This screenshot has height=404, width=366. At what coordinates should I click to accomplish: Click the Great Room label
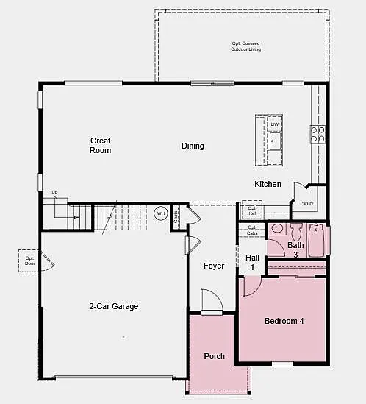pos(101,145)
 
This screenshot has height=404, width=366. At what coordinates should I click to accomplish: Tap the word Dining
pos(193,146)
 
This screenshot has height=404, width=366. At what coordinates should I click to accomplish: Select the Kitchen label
pos(268,184)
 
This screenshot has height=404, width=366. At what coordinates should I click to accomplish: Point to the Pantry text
pos(306,203)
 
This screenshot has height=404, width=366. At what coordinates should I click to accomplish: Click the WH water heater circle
pos(161,213)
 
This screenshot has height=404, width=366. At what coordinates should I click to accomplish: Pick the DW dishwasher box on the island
pos(275,124)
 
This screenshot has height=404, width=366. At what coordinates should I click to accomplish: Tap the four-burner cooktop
pos(317,134)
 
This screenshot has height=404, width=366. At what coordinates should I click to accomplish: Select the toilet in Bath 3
pos(297,228)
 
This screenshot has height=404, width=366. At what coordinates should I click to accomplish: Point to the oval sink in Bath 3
pos(278,228)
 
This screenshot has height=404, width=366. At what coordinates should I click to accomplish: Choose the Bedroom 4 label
pos(284,321)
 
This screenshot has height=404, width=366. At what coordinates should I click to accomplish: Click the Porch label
pos(214,356)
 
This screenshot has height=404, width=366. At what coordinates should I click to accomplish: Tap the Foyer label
pos(214,266)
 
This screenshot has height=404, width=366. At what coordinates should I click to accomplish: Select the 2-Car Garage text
pos(114,306)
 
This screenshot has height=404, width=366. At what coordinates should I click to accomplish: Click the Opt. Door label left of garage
pos(30,261)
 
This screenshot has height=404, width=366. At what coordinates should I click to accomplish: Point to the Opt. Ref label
pos(252,210)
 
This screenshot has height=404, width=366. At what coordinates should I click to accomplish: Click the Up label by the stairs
pos(54,193)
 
